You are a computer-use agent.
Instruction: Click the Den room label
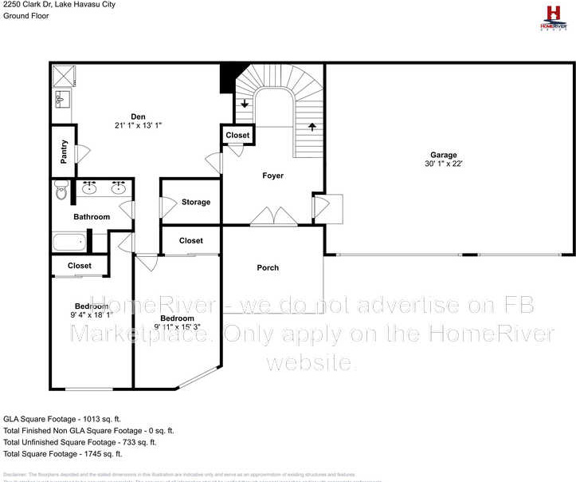[138, 117]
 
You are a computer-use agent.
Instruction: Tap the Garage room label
[444, 155]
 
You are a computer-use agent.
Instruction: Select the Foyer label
[273, 176]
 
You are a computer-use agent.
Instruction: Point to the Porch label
[268, 267]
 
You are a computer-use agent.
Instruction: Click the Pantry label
[65, 152]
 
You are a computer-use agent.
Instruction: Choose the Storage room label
[196, 202]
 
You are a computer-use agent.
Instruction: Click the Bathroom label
[92, 216]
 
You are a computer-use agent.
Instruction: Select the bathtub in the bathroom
[69, 242]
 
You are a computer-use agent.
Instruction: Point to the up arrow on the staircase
[312, 126]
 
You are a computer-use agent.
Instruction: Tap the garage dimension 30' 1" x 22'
[444, 164]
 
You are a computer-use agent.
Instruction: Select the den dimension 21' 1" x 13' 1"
[139, 126]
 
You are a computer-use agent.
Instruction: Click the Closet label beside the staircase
[237, 136]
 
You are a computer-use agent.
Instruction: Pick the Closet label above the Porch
[191, 240]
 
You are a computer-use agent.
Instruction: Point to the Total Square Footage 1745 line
[63, 453]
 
